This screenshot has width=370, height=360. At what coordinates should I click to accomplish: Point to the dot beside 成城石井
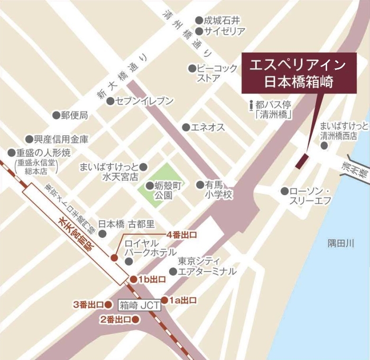click(x=199, y=21)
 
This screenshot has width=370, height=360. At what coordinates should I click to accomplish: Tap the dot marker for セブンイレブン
click(x=110, y=101)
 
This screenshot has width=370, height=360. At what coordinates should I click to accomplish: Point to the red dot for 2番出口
click(x=135, y=319)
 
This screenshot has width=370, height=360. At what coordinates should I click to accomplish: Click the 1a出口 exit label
click(x=183, y=300)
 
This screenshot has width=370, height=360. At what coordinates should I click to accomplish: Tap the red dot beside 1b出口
click(x=134, y=279)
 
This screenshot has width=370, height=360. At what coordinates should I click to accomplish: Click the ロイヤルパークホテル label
click(x=150, y=248)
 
